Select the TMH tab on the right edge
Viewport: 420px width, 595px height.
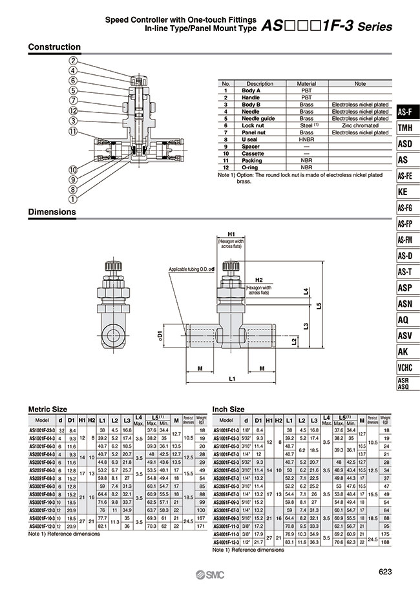point(404,129)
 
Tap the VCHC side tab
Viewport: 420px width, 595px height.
point(404,368)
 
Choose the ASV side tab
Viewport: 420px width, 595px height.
point(404,336)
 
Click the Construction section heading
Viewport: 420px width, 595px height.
point(55,47)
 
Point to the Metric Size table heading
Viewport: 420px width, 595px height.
point(47,409)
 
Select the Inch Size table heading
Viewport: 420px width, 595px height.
point(229,409)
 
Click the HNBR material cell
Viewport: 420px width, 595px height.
point(306,139)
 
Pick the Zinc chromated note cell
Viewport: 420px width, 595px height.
point(360,125)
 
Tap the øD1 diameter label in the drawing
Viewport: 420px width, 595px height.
point(159,336)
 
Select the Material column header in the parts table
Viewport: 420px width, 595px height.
point(306,84)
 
